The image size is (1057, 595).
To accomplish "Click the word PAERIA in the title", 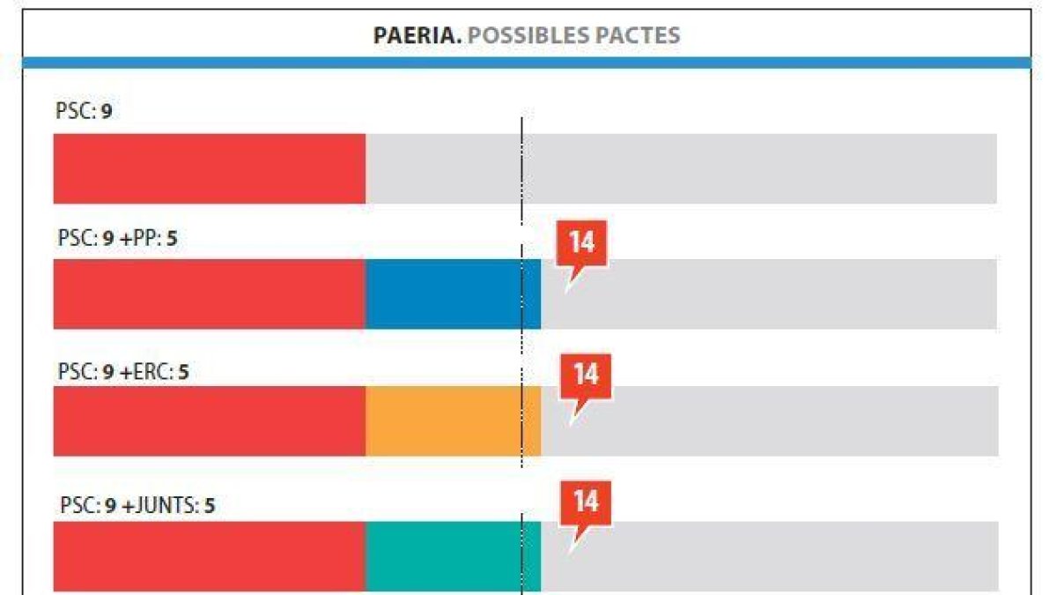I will point(418,35).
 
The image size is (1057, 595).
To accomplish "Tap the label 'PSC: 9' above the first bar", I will point(84,112).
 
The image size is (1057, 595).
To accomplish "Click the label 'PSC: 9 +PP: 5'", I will point(117,237).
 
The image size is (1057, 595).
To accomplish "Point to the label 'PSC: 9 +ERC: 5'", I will point(123,372).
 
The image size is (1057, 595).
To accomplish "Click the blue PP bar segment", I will point(453,294).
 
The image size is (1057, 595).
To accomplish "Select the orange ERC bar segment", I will point(453,421).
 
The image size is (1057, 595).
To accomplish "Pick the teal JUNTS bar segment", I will point(453,556).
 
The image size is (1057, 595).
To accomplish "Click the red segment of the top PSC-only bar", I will point(209,169).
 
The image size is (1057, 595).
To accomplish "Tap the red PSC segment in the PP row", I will point(209,294).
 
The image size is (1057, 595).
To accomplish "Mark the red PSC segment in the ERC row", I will point(209,421).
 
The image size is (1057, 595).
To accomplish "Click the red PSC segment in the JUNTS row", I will point(209,556).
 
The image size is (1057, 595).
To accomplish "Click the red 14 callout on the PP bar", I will point(581,242).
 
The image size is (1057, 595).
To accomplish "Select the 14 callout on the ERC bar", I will point(586,376).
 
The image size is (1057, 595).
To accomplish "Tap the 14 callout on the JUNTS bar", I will point(586,502).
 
